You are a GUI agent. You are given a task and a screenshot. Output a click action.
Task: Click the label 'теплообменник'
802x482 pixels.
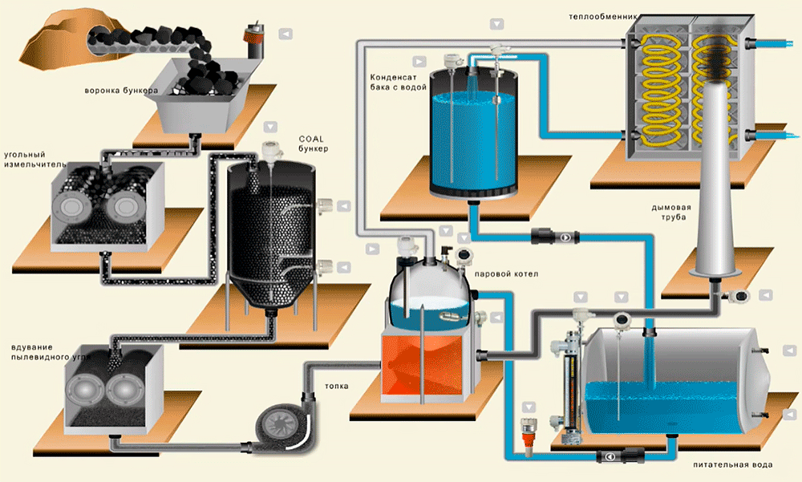tap(603, 17)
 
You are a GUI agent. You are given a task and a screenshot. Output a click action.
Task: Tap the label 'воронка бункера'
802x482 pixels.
tap(121, 91)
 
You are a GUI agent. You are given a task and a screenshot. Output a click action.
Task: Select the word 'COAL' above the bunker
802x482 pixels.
tap(311, 139)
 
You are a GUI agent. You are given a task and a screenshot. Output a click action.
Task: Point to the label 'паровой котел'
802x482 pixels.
tap(506, 273)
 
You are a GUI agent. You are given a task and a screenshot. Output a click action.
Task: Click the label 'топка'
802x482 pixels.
tap(336, 386)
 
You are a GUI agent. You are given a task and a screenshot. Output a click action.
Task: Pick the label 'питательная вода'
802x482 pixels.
tap(732, 464)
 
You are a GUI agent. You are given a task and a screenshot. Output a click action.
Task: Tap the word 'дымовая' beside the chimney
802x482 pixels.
tap(670, 207)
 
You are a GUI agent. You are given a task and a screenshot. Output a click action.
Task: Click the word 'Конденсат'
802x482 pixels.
tap(393, 77)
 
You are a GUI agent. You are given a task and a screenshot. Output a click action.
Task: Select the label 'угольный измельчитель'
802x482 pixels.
tap(34, 159)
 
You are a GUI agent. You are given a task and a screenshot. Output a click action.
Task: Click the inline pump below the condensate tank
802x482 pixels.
tap(555, 237)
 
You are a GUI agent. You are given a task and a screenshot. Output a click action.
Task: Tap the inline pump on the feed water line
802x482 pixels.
tap(621, 456)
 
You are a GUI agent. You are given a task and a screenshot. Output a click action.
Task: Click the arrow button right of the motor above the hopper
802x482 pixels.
tap(286, 34)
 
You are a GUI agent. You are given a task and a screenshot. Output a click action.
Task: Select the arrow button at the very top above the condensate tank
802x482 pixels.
tap(496, 24)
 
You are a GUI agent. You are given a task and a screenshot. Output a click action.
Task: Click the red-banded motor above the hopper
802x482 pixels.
tap(254, 40)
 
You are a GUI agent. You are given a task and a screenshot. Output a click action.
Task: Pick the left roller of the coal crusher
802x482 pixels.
tap(71, 207)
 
